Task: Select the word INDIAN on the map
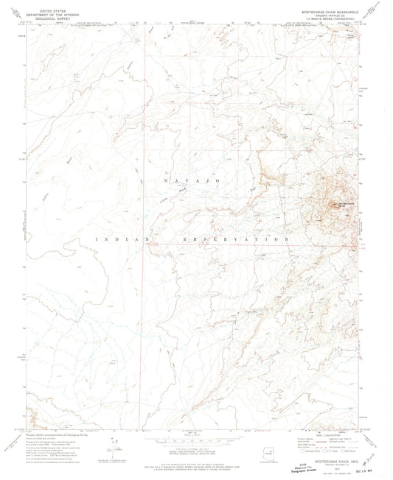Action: pyautogui.click(x=115, y=239)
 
